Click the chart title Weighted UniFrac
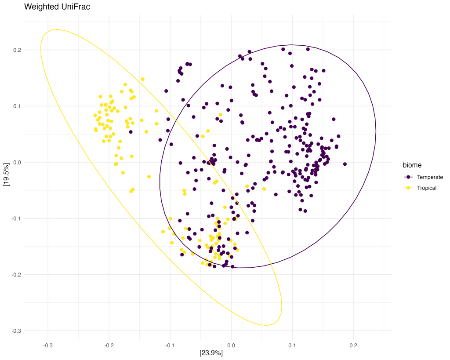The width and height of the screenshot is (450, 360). pyautogui.click(x=57, y=7)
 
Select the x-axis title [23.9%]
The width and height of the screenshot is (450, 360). pyautogui.click(x=211, y=353)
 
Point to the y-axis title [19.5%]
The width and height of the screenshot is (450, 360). pyautogui.click(x=6, y=175)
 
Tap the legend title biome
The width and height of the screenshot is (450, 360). pyautogui.click(x=412, y=165)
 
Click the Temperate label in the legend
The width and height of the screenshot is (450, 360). pyautogui.click(x=430, y=177)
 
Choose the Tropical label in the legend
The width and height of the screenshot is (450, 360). pyautogui.click(x=427, y=188)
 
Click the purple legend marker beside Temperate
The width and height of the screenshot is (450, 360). pyautogui.click(x=408, y=177)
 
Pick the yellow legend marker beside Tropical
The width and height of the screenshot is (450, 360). pyautogui.click(x=408, y=188)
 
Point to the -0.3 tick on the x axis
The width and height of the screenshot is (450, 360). pyautogui.click(x=48, y=345)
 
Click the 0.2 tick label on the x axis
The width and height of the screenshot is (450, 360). pyautogui.click(x=353, y=345)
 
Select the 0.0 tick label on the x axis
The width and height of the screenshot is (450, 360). pyautogui.click(x=231, y=345)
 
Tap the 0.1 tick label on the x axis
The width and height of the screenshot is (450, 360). pyautogui.click(x=292, y=345)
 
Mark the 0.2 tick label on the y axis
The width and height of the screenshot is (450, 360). pyautogui.click(x=17, y=50)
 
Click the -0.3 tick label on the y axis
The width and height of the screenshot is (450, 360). pyautogui.click(x=16, y=331)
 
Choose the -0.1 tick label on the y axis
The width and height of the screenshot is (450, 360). pyautogui.click(x=16, y=218)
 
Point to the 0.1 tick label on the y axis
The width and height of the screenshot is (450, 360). pyautogui.click(x=17, y=106)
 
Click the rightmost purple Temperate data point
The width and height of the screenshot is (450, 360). pyautogui.click(x=345, y=164)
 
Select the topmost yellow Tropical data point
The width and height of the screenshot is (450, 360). pyautogui.click(x=143, y=79)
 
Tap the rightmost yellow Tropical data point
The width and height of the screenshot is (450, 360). pyautogui.click(x=264, y=189)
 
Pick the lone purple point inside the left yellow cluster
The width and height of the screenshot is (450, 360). pyautogui.click(x=131, y=132)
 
